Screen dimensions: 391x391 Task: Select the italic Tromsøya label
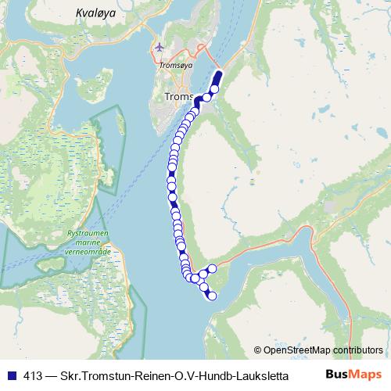tap(175, 66)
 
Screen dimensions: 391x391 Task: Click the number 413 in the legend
tap(34, 375)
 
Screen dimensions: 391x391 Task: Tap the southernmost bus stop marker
tap(210, 296)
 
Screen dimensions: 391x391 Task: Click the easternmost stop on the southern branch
tap(212, 269)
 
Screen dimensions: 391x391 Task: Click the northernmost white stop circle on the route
tap(214, 89)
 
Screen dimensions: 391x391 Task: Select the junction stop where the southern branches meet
tap(203, 276)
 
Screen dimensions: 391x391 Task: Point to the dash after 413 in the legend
tap(52, 375)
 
